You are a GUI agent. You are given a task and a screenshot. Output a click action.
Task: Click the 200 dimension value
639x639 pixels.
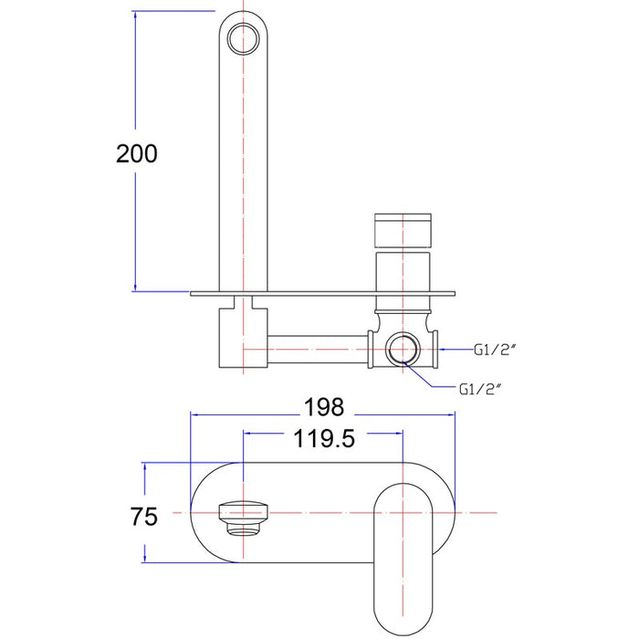pyautogui.click(x=137, y=153)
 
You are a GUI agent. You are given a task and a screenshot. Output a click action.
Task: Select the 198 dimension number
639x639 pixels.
pyautogui.click(x=324, y=407)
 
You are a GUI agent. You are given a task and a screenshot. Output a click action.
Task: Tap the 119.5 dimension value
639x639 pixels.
pyautogui.click(x=324, y=439)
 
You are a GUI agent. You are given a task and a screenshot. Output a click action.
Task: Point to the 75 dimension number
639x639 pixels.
pyautogui.click(x=144, y=517)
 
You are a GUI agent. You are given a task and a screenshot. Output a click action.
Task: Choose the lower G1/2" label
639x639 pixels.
pyautogui.click(x=479, y=389)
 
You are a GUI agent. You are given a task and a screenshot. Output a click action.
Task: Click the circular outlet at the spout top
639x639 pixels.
pyautogui.click(x=244, y=39)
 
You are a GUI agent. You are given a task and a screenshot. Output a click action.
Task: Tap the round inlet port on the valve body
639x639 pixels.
pyautogui.click(x=403, y=350)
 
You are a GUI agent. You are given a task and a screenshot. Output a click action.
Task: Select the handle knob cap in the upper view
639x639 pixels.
pyautogui.click(x=403, y=230)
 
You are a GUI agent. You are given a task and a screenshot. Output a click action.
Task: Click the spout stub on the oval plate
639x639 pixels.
pyautogui.click(x=244, y=518)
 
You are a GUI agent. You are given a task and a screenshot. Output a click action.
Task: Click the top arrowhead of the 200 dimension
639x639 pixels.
pyautogui.click(x=135, y=16)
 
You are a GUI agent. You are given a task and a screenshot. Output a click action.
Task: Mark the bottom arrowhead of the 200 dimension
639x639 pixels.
pyautogui.click(x=135, y=287)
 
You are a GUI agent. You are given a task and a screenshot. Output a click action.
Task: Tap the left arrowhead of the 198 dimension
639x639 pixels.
pyautogui.click(x=195, y=414)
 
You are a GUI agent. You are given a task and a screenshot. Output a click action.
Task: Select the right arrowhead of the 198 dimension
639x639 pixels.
pyautogui.click(x=450, y=414)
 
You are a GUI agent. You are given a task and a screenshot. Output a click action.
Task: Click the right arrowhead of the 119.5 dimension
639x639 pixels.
pyautogui.click(x=398, y=434)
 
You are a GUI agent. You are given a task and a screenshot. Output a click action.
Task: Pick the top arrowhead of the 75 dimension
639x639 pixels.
pyautogui.click(x=145, y=467)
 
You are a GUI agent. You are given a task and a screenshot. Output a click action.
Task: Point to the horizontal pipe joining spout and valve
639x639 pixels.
pyautogui.click(x=318, y=350)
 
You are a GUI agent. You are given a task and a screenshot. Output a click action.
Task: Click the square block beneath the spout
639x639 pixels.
pyautogui.click(x=244, y=338)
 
